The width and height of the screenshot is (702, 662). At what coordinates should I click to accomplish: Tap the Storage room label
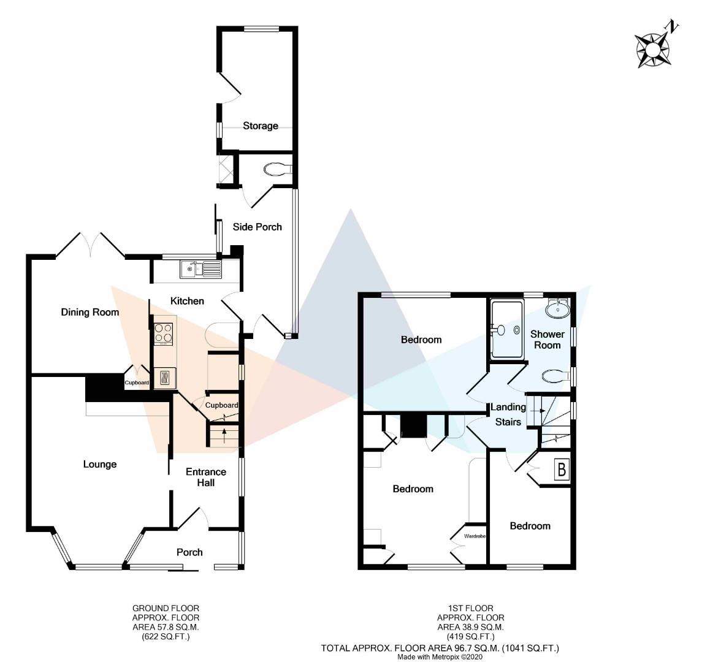click(x=261, y=126)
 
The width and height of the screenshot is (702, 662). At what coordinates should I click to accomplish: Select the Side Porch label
click(x=258, y=227)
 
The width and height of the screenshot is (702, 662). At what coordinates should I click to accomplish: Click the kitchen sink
click(x=201, y=269)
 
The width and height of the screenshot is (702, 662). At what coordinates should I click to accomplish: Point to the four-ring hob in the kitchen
click(x=164, y=333)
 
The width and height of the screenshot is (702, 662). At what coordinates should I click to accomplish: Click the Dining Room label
click(x=90, y=312)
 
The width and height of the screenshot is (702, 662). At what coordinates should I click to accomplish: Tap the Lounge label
click(x=100, y=465)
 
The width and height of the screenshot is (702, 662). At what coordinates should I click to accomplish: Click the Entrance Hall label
click(x=206, y=477)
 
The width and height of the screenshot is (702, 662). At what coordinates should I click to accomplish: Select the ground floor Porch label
click(x=189, y=552)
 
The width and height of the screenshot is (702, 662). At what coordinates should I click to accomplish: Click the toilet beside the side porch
click(x=278, y=170)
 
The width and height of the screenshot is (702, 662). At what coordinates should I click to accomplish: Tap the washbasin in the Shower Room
click(x=558, y=308)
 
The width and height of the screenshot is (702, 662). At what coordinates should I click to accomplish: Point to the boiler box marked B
click(x=562, y=470)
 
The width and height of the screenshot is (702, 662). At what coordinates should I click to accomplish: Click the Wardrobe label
click(x=475, y=536)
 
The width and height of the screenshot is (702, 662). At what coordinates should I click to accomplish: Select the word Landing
click(x=508, y=407)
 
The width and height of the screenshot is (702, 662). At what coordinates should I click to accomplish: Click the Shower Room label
click(x=547, y=340)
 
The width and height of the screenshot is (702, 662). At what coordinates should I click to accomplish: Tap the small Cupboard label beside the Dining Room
click(x=137, y=382)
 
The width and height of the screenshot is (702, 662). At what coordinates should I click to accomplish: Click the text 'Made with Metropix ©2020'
click(x=440, y=657)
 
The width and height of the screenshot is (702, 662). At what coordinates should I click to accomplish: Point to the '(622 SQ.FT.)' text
click(x=166, y=637)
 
